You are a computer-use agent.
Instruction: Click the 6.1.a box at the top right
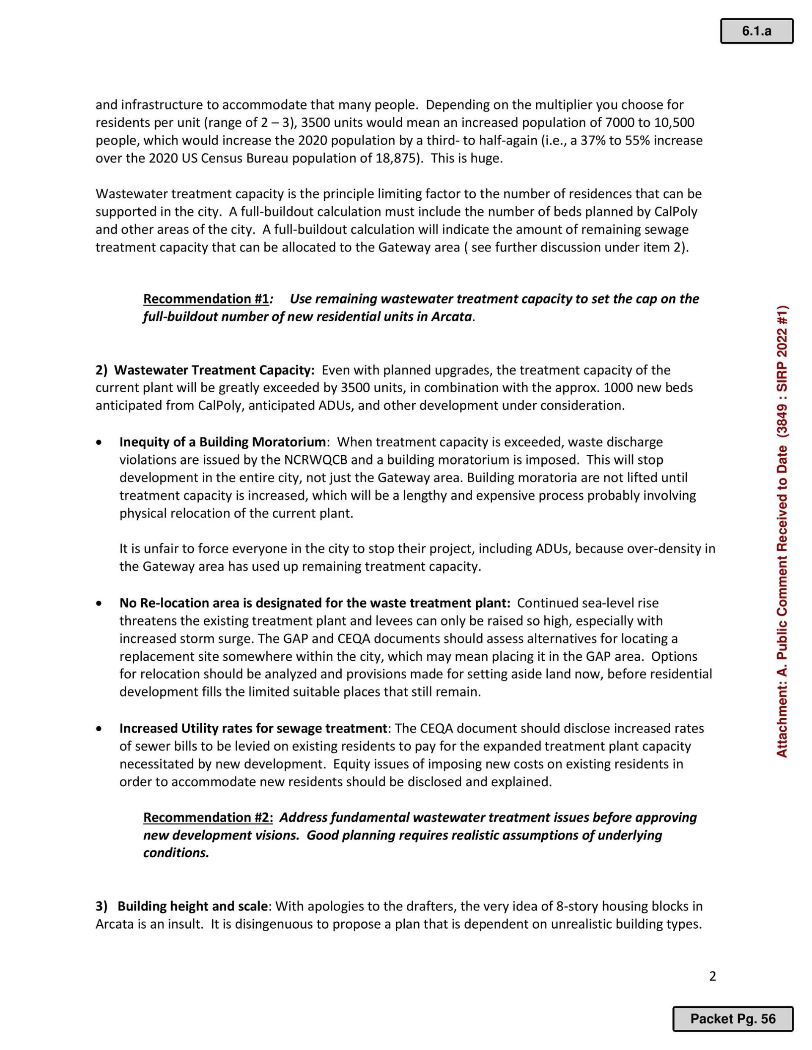tap(756, 31)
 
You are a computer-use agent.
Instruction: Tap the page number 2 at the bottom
tap(713, 976)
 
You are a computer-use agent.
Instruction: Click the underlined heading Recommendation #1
tap(206, 299)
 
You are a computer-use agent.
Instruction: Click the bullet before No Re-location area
tap(99, 603)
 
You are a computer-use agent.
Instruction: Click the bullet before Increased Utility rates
tap(99, 729)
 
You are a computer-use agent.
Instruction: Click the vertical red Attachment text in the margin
tap(782, 531)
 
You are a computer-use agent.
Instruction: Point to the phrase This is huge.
tap(466, 159)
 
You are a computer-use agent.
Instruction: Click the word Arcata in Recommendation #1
tap(452, 317)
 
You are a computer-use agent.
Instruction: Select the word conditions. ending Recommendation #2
tap(176, 853)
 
